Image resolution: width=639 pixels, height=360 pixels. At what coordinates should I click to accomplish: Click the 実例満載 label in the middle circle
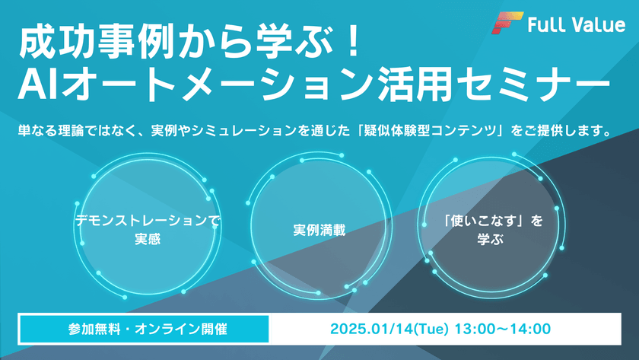(319, 229)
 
